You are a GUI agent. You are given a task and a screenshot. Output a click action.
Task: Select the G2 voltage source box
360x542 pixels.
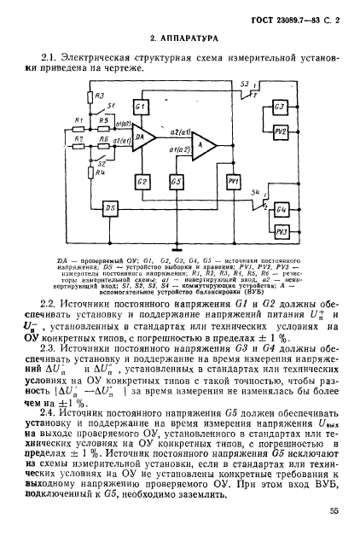tap(142, 183)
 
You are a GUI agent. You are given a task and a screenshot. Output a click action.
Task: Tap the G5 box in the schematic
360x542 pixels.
tap(177, 183)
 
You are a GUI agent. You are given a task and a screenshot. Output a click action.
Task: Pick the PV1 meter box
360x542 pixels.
tap(234, 183)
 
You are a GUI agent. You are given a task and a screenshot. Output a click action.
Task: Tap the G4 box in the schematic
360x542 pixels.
tap(281, 210)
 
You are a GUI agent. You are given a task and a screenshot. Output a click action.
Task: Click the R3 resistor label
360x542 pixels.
tap(99, 96)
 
